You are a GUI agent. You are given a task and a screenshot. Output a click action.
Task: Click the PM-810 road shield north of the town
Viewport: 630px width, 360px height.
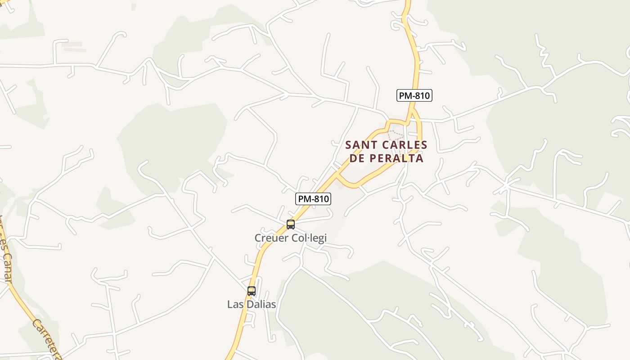pos(414,95)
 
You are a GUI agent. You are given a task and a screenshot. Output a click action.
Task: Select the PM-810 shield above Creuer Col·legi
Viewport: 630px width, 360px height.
pos(313,199)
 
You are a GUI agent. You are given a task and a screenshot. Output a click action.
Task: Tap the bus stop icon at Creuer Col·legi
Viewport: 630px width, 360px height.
pos(291,224)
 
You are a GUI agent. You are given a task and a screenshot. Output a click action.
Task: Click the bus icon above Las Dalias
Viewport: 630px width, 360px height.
pos(252,291)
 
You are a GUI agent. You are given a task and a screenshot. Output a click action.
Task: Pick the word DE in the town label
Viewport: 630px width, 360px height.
pos(357,158)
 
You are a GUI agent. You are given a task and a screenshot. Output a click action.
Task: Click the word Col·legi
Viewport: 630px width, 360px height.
pos(309,238)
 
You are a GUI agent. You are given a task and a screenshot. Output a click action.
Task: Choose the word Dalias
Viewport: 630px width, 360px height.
pos(261,305)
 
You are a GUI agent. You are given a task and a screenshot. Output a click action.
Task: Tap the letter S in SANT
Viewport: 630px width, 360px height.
pos(349,145)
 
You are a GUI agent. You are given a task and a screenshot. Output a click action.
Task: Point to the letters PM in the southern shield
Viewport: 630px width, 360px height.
pos(304,199)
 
